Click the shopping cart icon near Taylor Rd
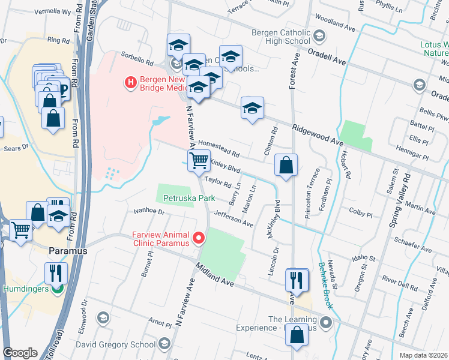(x=199, y=161)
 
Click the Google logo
(x=20, y=353)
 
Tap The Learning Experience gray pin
(x=326, y=323)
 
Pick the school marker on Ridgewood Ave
(x=253, y=108)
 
